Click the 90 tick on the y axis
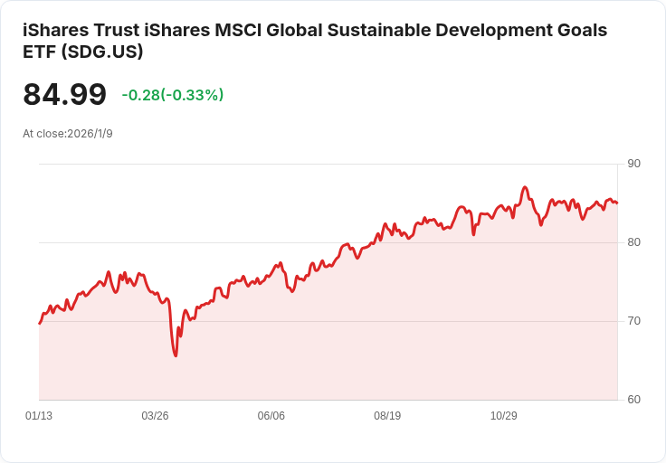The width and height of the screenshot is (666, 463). (633, 164)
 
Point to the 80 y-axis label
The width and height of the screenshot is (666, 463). (633, 242)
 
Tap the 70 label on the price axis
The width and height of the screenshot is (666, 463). (633, 321)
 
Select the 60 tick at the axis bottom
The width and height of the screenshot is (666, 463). (633, 400)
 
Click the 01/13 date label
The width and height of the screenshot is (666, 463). (39, 416)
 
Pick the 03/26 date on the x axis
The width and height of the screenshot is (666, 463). (155, 416)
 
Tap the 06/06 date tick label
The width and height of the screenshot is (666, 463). (271, 416)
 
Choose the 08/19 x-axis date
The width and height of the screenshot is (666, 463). (387, 416)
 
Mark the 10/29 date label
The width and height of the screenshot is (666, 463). (503, 416)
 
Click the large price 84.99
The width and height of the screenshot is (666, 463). (65, 95)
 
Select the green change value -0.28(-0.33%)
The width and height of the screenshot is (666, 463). (173, 95)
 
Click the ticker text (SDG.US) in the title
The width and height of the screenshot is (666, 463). (104, 52)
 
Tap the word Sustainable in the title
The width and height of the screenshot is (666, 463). (365, 30)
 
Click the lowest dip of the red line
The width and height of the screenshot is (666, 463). (176, 355)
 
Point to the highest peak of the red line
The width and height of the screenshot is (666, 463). (525, 187)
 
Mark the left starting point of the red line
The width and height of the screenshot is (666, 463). (39, 323)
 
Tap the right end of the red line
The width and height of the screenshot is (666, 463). (617, 203)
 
